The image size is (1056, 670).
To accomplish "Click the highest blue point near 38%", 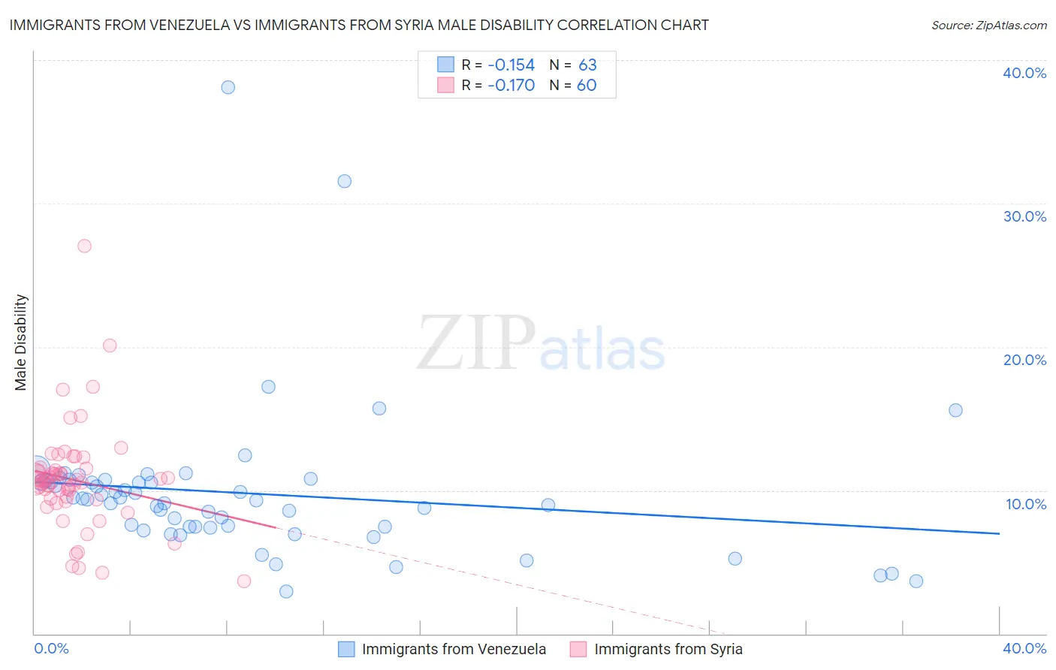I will pos(228,87).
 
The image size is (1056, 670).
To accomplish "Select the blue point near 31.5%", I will pos(344,181).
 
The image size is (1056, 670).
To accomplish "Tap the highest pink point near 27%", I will pos(84,246).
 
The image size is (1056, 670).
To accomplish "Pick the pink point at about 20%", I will pos(110,346).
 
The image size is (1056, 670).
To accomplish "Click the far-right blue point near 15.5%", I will pos(955,410).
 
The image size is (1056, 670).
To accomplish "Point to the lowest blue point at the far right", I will pos(916,581).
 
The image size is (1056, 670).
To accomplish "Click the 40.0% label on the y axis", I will pos(1024,73).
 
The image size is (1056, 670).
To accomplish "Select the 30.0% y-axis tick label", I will pos(1024,216).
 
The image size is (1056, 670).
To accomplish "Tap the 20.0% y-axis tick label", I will pos(1024,360).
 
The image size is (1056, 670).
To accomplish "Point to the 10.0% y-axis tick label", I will pos(1026,504).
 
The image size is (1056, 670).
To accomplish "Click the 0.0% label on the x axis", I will pos(52,648).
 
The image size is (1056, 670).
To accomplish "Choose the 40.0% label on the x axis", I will pos(1024,648).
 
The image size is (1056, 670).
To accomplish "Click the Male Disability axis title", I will pos(21,343).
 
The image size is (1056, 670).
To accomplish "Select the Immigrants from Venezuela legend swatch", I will pos(346,649).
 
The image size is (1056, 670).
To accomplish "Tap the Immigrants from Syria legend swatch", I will pos(578,649).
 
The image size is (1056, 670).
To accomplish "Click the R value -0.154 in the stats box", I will pos(511,65).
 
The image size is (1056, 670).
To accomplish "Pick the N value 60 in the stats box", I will pos(587,86).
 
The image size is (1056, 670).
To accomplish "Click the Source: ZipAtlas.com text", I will pos(988,26).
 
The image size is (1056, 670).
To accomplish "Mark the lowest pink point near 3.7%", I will pos(243,581).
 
